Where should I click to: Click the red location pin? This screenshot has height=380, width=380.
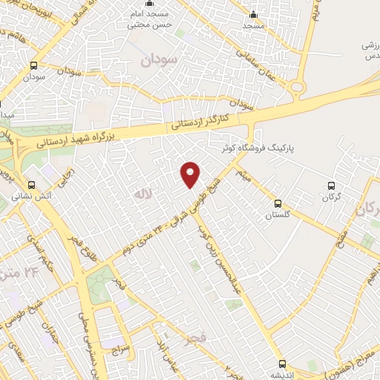pos(191,174)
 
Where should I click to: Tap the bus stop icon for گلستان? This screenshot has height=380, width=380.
pos(278,203)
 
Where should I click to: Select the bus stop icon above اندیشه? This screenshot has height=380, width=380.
pos(281,363)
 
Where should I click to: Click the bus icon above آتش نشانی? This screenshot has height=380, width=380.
pos(31,185)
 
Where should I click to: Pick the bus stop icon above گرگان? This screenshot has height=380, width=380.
pos(332,186)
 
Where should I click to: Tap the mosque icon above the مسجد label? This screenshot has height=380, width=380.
pos(253,14)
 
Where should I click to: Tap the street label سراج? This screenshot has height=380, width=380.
pos(121,347)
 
